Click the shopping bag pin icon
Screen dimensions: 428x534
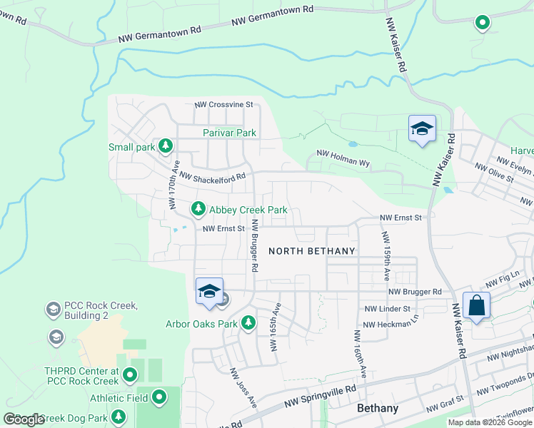(476, 306)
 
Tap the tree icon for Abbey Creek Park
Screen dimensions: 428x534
(198, 210)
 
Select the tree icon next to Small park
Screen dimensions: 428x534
(166, 147)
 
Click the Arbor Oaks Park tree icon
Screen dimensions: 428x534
(248, 324)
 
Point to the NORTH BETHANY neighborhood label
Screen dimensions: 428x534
(311, 251)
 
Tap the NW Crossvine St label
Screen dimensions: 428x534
(224, 104)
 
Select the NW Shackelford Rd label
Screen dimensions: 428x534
(212, 175)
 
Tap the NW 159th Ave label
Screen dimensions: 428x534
(386, 254)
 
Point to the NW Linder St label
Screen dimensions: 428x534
(387, 309)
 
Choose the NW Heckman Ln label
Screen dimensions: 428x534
(389, 325)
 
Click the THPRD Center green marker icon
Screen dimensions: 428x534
(129, 374)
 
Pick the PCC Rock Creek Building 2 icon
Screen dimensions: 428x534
(52, 310)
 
